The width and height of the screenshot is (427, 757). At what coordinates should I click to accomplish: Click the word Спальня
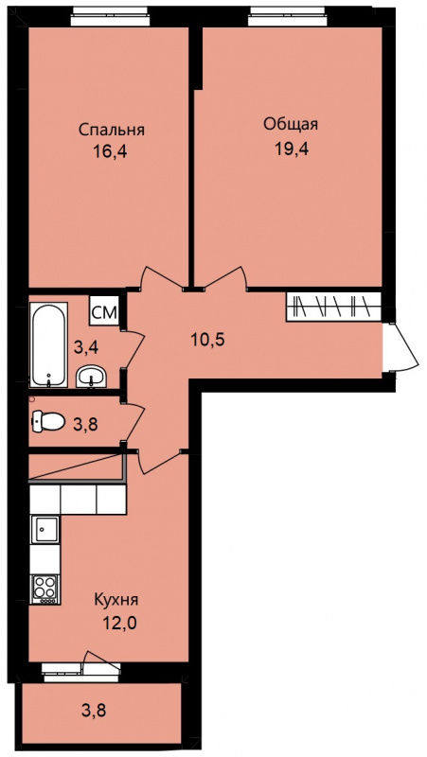coord(112,131)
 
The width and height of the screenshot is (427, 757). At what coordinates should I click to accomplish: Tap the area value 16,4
coord(112,152)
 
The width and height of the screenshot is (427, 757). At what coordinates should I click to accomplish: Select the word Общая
coord(291,125)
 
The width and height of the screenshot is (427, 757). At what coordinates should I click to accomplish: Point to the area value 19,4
coord(292,149)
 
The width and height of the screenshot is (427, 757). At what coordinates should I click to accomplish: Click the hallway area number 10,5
coord(207,340)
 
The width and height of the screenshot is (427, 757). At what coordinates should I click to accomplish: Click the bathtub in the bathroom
coord(48,344)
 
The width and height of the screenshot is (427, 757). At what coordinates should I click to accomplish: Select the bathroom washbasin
coord(91,376)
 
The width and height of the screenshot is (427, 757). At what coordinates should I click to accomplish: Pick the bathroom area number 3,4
coord(86,346)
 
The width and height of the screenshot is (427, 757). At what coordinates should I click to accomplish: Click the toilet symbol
coord(48,421)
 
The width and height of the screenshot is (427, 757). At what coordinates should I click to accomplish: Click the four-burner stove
coord(44,589)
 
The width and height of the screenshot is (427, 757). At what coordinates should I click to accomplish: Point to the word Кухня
coord(116,600)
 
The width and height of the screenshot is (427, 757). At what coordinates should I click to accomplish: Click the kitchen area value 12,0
coord(119,624)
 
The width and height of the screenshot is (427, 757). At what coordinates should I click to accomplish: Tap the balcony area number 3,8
coord(94,711)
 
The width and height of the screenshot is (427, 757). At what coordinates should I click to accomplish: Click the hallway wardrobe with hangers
coord(334,307)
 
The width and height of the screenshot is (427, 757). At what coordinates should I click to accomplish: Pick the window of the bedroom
coord(111,17)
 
